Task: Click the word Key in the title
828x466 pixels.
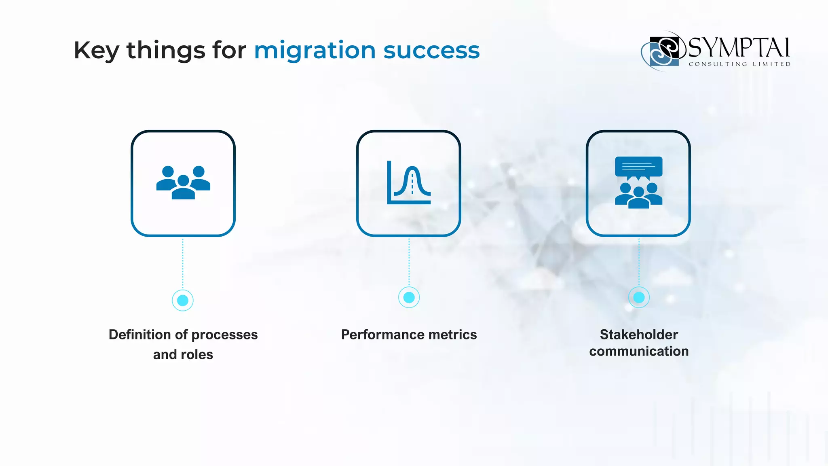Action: pos(96,51)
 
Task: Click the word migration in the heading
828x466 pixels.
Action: pos(315,51)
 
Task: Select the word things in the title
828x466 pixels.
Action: pos(166,51)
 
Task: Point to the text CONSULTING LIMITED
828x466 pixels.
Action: pos(739,64)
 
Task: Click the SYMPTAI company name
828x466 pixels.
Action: pos(738,48)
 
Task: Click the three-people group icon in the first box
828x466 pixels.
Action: pos(183,182)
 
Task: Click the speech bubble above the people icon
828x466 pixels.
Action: pos(638,167)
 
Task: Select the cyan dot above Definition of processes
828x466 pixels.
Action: pos(183,300)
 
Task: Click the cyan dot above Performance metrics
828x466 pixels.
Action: pos(409,298)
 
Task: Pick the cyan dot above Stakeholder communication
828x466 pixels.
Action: pos(639,298)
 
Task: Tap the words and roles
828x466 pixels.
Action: pos(183,354)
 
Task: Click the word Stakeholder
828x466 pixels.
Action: pos(639,335)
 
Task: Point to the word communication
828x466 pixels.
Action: pos(639,351)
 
